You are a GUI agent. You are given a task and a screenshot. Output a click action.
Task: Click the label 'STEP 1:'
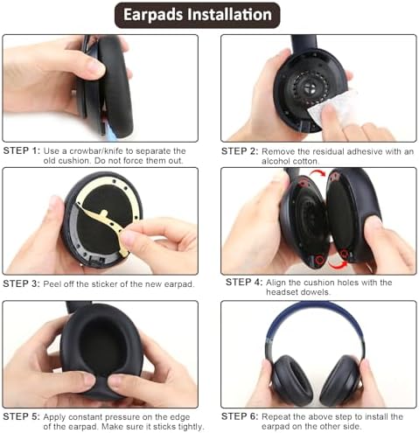point(22,151)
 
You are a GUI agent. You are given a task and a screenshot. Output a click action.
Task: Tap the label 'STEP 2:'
point(240,151)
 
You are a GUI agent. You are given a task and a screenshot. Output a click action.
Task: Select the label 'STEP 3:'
point(22,283)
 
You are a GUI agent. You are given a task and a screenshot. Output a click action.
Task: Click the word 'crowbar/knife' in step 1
point(94,151)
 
